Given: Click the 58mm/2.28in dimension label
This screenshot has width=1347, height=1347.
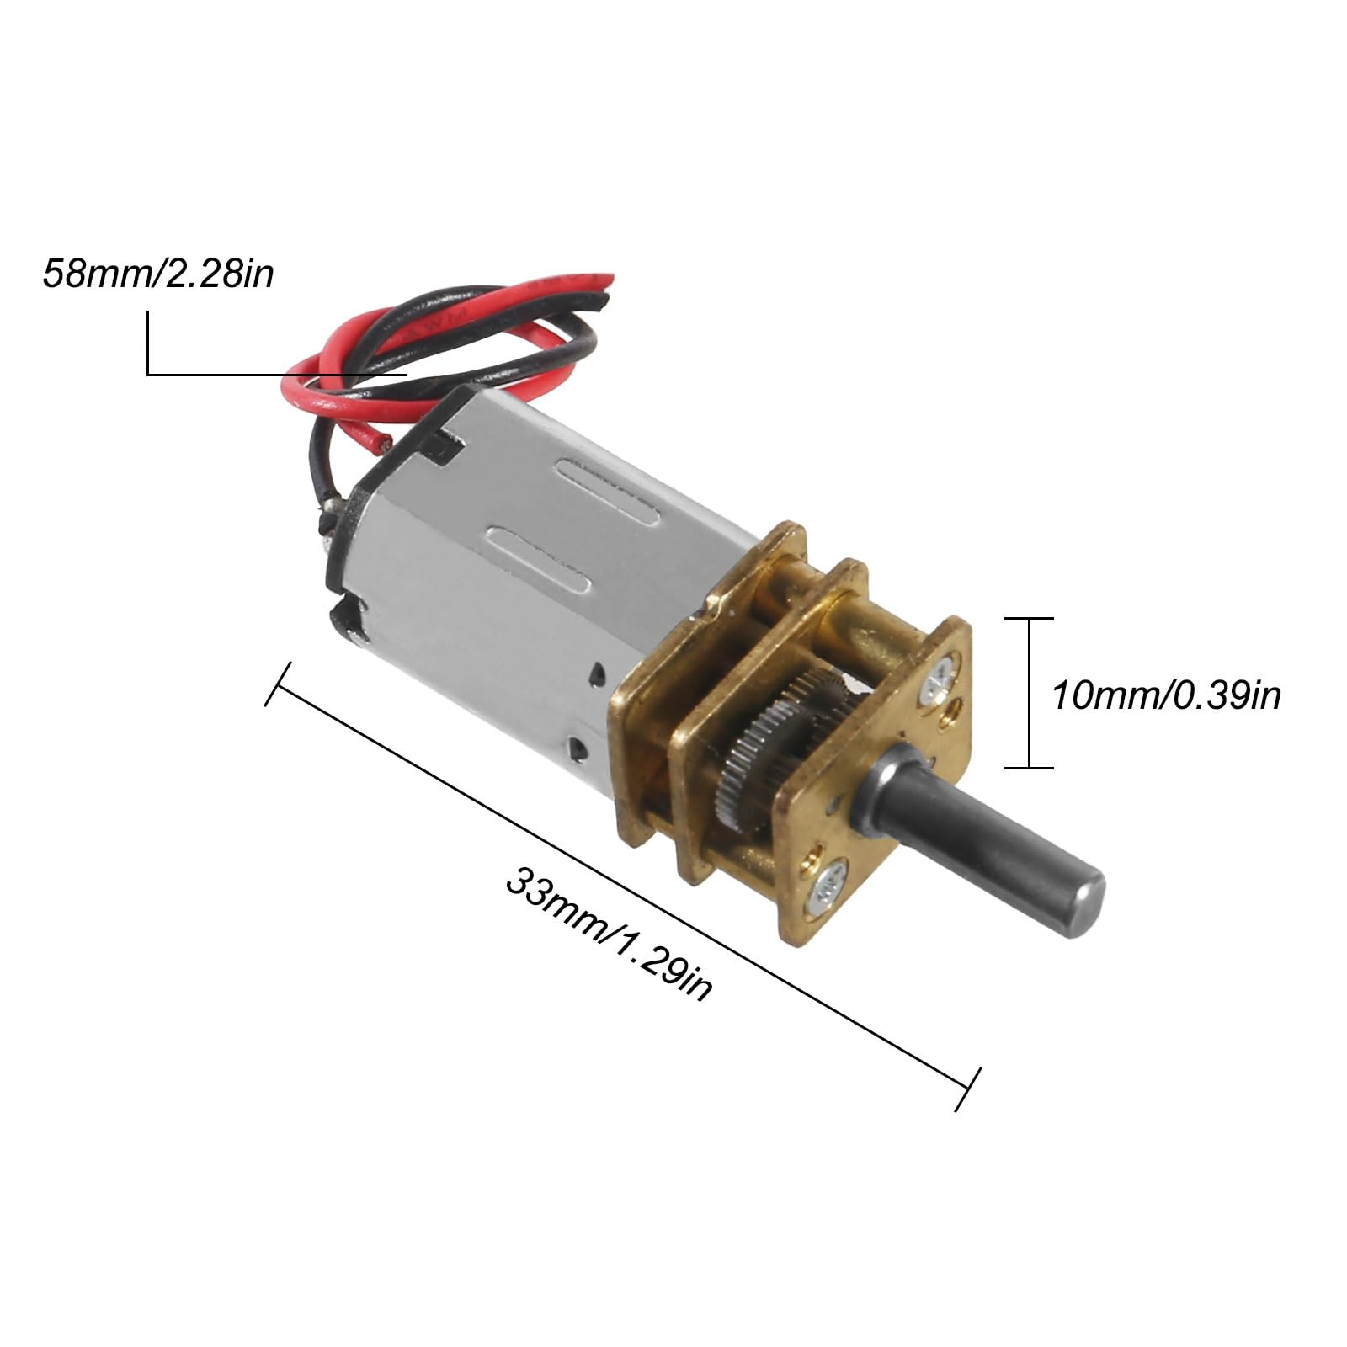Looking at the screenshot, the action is coord(159,274).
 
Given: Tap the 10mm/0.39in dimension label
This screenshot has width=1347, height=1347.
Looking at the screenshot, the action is coord(1166,695).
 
